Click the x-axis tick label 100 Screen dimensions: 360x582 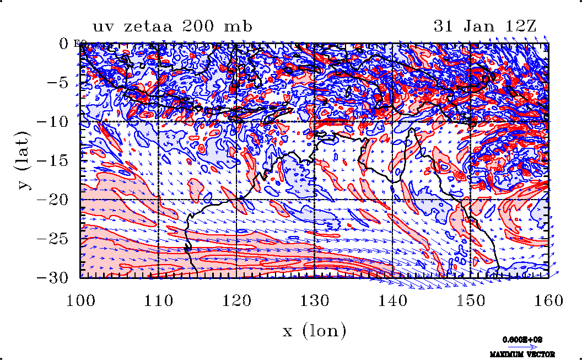(81, 300)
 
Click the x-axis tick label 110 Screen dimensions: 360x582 (159, 300)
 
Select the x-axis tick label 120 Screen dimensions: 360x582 (237, 300)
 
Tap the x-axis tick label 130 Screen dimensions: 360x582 (315, 300)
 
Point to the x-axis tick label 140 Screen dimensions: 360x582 (393, 300)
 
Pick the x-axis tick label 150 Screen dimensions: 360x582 (471, 300)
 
